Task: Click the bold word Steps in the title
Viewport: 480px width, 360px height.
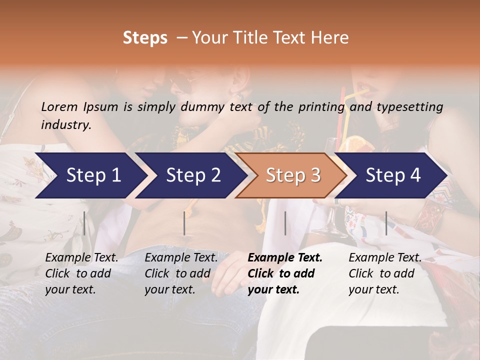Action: click(145, 38)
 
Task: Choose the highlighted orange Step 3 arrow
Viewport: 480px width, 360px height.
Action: click(293, 175)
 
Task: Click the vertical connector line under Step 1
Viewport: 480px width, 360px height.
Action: click(84, 223)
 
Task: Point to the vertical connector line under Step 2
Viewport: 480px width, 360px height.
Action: click(184, 223)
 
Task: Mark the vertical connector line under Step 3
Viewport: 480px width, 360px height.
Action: click(285, 223)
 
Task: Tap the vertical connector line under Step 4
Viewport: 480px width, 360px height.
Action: click(386, 223)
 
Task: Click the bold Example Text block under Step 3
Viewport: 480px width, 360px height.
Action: click(285, 273)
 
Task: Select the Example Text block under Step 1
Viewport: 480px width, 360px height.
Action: click(81, 273)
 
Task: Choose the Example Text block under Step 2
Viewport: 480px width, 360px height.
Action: click(181, 273)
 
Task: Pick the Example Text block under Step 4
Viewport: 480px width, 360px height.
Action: click(385, 273)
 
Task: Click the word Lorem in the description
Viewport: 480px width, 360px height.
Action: click(59, 106)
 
